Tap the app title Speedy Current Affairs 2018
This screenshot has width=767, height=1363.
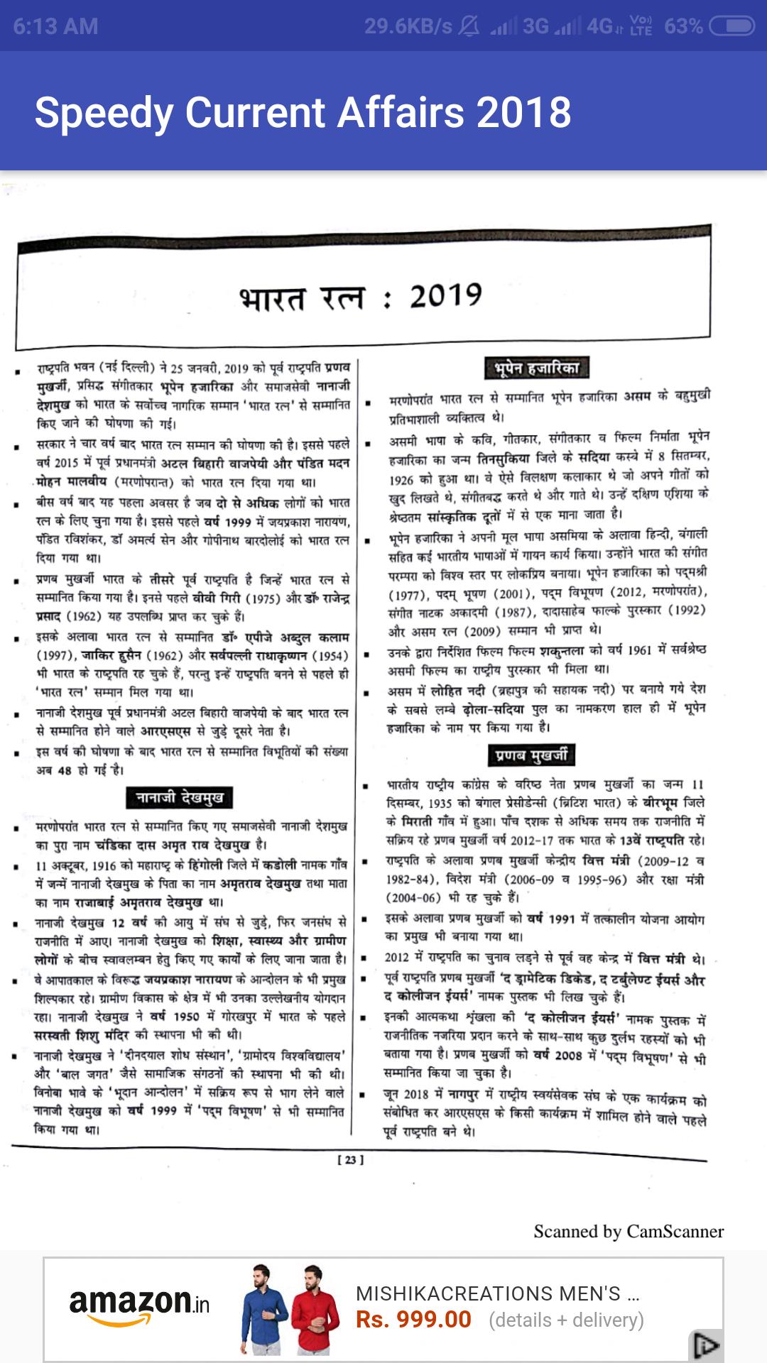click(x=303, y=112)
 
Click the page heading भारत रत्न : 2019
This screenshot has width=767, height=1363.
click(x=361, y=297)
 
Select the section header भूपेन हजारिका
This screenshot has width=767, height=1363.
click(x=537, y=368)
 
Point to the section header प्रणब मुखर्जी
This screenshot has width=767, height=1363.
click(x=531, y=755)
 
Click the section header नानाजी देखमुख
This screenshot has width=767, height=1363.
click(x=180, y=797)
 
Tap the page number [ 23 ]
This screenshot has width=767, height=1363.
click(x=350, y=1160)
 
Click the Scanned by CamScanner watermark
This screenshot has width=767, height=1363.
click(x=629, y=1232)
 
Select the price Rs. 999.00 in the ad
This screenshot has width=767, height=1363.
click(x=413, y=1320)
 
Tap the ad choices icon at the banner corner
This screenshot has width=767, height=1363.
click(x=706, y=1345)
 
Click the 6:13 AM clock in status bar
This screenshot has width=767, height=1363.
click(x=55, y=26)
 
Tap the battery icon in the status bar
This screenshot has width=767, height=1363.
click(x=731, y=26)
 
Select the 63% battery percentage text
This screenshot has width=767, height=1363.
click(x=683, y=26)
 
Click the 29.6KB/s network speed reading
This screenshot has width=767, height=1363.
click(x=408, y=26)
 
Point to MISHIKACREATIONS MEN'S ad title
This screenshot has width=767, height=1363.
click(x=497, y=1293)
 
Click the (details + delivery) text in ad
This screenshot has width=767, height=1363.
click(x=566, y=1320)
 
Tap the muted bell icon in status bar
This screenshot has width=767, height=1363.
click(x=469, y=26)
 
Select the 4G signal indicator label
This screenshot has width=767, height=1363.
click(x=599, y=26)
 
